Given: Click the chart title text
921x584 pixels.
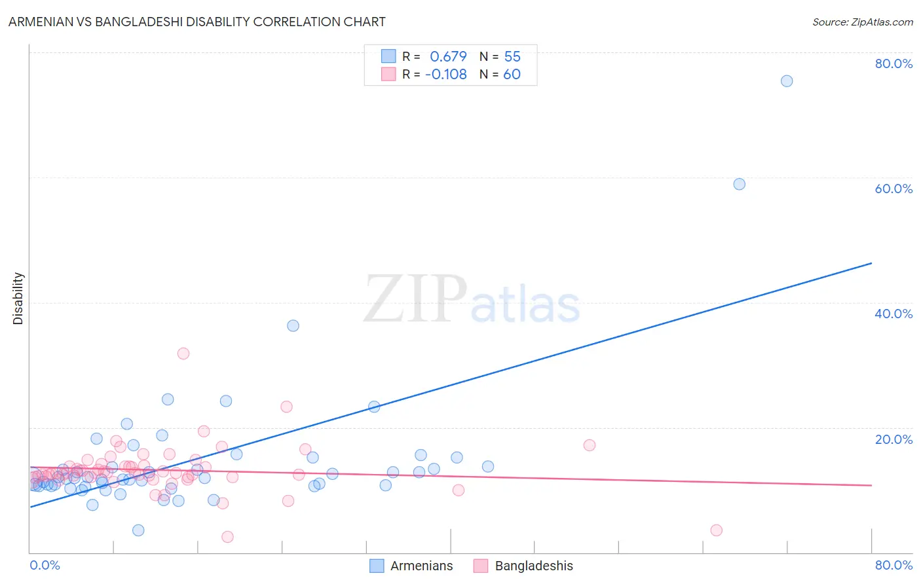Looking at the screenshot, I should (197, 22).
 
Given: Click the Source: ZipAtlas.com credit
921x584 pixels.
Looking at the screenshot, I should (862, 22).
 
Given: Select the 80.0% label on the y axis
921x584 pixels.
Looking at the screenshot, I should (893, 64).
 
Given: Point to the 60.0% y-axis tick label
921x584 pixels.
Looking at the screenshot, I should (893, 189).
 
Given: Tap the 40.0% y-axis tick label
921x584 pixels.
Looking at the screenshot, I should (893, 314).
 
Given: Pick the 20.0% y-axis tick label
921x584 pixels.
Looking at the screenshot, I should (893, 439).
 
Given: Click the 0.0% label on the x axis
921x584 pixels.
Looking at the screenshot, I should (45, 565).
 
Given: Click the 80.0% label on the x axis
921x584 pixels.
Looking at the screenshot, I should (893, 565).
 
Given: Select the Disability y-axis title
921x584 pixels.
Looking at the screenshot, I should (18, 299).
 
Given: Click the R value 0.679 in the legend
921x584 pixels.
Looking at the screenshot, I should (448, 56).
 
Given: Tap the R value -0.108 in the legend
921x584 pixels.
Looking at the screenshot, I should (445, 74).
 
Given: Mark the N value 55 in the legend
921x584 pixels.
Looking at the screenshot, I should (512, 56).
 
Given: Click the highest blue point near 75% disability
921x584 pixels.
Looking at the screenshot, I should (787, 81).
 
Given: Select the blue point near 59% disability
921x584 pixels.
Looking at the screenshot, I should (739, 184).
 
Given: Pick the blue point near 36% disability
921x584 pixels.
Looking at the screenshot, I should (293, 325).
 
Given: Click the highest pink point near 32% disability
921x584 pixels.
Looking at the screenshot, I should (183, 354).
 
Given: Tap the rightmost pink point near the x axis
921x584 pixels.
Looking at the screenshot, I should (716, 530).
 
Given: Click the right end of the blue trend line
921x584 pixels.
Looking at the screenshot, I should (871, 263).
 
